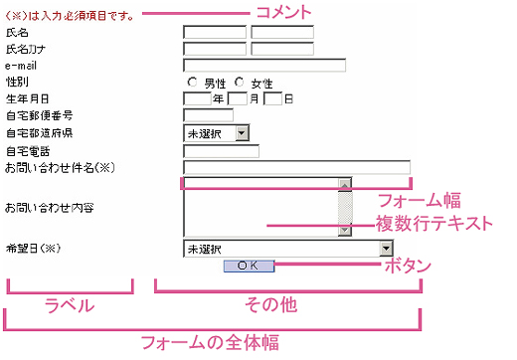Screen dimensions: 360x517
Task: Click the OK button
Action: pos(248,266)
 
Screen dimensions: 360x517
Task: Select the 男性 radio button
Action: pos(192,83)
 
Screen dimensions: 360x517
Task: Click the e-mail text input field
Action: pos(263,66)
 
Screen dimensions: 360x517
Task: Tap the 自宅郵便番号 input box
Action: pos(208,115)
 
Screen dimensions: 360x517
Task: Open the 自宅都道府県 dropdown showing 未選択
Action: pos(216,132)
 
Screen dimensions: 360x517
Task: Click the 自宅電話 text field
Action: pos(221,151)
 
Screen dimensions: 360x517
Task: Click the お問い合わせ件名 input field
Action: pos(296,167)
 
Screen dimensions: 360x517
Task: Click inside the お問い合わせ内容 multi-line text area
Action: pos(260,207)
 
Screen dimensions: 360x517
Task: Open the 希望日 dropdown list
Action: pos(296,249)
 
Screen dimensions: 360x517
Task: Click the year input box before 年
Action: pos(198,99)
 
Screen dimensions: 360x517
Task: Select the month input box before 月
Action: pos(237,99)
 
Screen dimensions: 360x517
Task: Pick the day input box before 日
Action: pos(273,99)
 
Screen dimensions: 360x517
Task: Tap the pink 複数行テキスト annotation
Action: pos(433,224)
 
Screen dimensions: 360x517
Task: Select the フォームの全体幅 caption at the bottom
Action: pos(209,343)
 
